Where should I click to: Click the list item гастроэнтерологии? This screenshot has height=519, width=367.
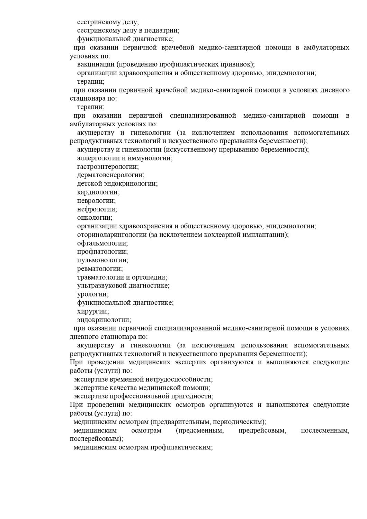[x=108, y=166]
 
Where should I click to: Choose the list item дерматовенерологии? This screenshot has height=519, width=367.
[x=110, y=175]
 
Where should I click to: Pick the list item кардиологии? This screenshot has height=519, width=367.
[x=98, y=192]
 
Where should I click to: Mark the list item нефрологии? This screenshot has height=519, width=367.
[x=97, y=209]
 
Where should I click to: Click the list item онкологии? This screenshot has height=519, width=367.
[x=95, y=218]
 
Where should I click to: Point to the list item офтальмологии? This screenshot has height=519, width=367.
[x=102, y=243]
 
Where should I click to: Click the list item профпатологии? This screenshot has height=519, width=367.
[x=102, y=252]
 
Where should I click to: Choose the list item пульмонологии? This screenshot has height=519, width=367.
[x=102, y=260]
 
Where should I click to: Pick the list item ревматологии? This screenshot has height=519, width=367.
[x=100, y=268]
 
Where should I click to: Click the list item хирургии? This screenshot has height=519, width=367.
[x=93, y=311]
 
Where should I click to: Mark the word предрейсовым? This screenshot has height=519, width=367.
[x=262, y=430]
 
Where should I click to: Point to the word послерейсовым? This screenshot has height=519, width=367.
[x=96, y=439]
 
